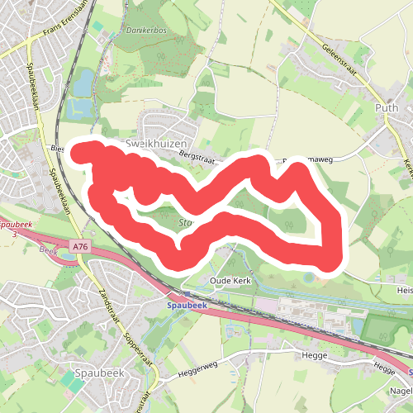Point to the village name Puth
click(x=385, y=107)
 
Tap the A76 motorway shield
click(x=80, y=246)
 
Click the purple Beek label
click(x=47, y=248)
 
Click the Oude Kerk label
click(x=230, y=280)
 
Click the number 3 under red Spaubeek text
click(x=15, y=235)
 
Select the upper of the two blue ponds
click(x=83, y=82)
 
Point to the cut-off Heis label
click(x=404, y=290)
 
